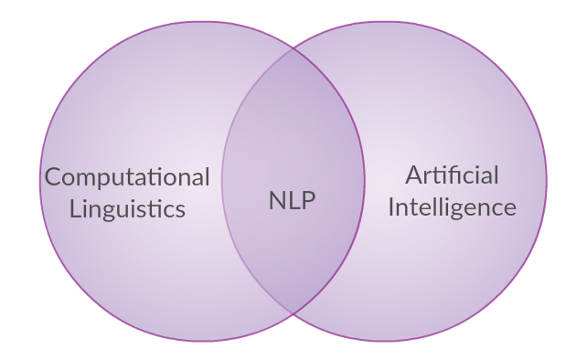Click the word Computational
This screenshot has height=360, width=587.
coord(127,177)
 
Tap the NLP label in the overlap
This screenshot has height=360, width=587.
coord(293,200)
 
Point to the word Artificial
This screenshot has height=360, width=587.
coord(452,175)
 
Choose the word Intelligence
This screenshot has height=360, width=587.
coord(452,206)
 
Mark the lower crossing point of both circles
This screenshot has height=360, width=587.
coord(293,313)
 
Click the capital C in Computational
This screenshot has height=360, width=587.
coord(53,176)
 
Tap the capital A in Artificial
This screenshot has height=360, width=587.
coord(413,175)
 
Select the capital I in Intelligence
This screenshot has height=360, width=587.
coord(391,206)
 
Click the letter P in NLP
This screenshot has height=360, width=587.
coord(308,200)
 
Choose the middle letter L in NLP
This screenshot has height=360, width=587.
coord(293,200)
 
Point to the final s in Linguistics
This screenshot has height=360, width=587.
coord(180,209)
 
